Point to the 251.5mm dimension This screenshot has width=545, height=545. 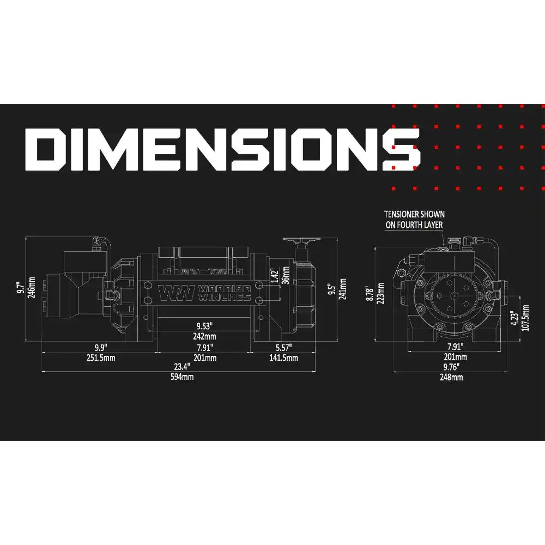(100, 358)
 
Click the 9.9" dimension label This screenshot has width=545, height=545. (100, 347)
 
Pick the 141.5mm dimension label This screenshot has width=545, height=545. (284, 358)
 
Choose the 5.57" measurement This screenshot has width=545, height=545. (283, 347)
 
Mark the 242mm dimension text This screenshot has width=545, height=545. (204, 337)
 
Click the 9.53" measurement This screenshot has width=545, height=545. (204, 327)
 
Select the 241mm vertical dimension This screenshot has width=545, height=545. (343, 288)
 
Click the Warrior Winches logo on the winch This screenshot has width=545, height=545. (204, 293)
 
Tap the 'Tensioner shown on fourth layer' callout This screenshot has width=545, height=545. (414, 219)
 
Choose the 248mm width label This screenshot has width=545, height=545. (454, 377)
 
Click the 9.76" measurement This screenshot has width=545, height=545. (454, 367)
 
